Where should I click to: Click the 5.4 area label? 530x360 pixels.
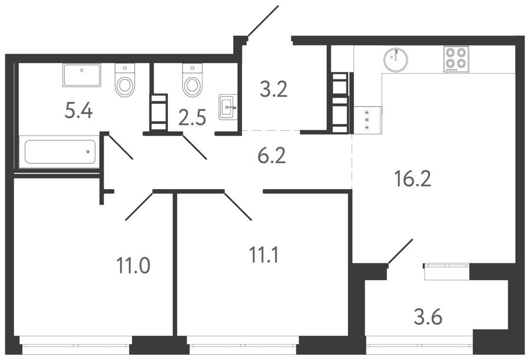pos(78,111)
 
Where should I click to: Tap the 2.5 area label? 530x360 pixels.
pos(193,118)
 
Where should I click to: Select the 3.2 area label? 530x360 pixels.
pos(273,90)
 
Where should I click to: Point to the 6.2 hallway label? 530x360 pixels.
pos(271,156)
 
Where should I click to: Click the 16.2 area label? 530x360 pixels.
pos(413,179)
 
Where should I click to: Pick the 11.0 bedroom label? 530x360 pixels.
pos(133,265)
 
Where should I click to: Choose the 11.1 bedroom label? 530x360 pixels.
pos(264,255)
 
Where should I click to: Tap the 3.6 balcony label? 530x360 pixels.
pos(428,318)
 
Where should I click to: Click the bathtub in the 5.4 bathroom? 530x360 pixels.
pos(60,152)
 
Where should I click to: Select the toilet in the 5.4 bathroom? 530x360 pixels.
pos(125,80)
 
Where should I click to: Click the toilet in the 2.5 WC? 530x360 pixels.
pos(192,80)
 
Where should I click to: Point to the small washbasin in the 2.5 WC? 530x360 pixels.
pos(228,107)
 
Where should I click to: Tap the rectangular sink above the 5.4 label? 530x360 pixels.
pos(81,75)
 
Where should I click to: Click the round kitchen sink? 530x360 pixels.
pos(396,60)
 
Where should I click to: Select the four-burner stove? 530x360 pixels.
pos(456,59)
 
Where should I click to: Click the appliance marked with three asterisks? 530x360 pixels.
pos(367,120)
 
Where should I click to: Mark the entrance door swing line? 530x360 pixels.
pos(263,21)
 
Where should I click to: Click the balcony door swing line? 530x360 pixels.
pos(400,252)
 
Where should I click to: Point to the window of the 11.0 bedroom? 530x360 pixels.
pos(76,345)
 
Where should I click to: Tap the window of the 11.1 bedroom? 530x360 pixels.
pos(242,345)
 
